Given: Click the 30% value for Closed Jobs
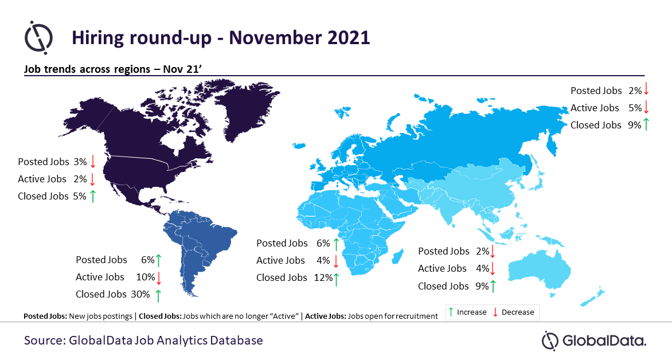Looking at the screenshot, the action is (x=140, y=295).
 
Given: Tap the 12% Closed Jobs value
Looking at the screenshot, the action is (x=323, y=277).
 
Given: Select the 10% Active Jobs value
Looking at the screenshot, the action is (x=145, y=277).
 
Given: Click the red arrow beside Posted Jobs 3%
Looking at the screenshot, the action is (x=92, y=162).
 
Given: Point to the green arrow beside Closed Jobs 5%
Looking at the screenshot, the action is (x=92, y=196).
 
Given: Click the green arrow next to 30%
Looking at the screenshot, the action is (x=158, y=295).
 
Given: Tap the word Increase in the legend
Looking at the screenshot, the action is (x=471, y=312).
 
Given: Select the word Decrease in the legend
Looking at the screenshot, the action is (x=518, y=312).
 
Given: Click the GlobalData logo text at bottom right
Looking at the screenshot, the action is (x=604, y=341).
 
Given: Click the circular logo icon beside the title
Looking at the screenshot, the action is (x=38, y=37).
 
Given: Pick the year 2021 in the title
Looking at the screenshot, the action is (x=349, y=38).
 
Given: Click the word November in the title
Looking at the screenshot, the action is (x=276, y=38).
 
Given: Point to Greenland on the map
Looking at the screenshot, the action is (x=244, y=109).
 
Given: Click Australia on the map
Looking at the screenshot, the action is (x=541, y=271).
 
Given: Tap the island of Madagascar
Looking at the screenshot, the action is (x=398, y=256).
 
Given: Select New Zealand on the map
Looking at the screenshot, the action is (x=593, y=298).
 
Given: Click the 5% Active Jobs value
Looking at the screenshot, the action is (x=635, y=108).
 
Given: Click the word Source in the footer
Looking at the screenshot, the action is (x=45, y=341).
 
